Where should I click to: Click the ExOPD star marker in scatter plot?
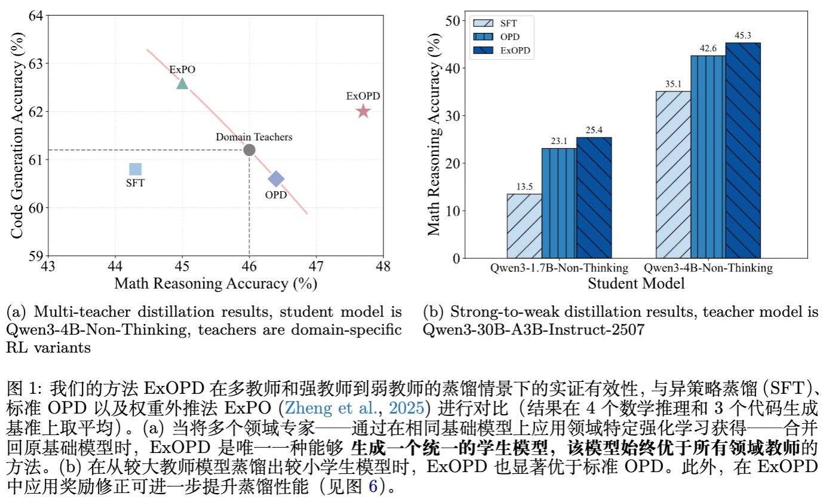(363, 111)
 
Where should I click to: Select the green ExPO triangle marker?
(182, 84)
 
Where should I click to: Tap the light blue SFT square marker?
(136, 169)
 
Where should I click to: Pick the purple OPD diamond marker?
(276, 179)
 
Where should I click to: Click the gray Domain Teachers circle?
(249, 150)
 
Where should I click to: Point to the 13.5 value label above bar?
(524, 187)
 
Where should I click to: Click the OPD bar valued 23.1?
(559, 203)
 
